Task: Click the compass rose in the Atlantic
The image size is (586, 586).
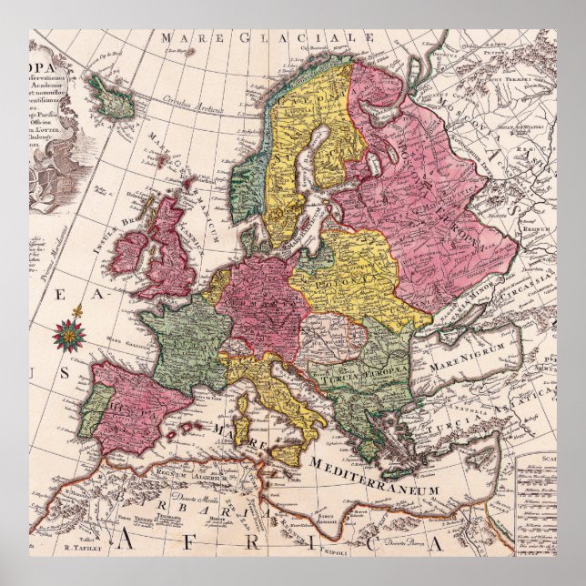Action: pos(67,335)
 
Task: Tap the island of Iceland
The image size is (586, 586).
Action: pos(110,97)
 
